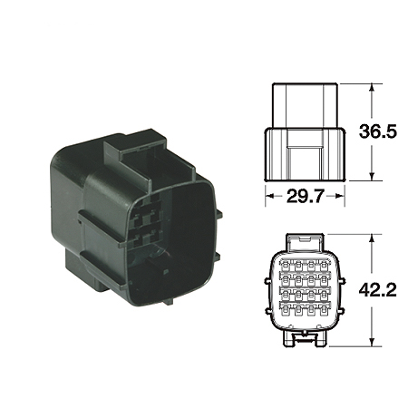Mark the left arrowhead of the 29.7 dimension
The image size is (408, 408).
(x=268, y=195)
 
